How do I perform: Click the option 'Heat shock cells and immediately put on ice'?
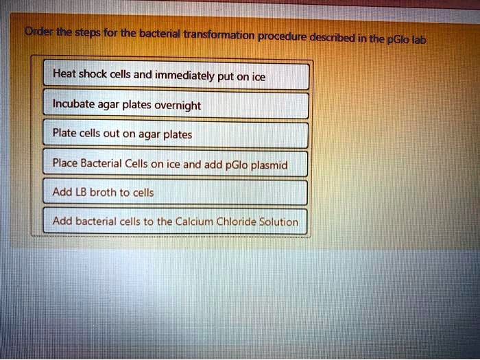coord(176,77)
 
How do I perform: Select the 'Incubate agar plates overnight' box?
coord(176,106)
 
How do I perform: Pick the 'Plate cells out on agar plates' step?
coord(176,134)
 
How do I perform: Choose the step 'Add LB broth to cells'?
coord(176,193)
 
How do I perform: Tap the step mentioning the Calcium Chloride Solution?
coord(176,221)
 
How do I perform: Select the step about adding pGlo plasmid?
coord(176,164)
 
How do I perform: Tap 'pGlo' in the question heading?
coord(397,39)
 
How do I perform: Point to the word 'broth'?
coord(103,193)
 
